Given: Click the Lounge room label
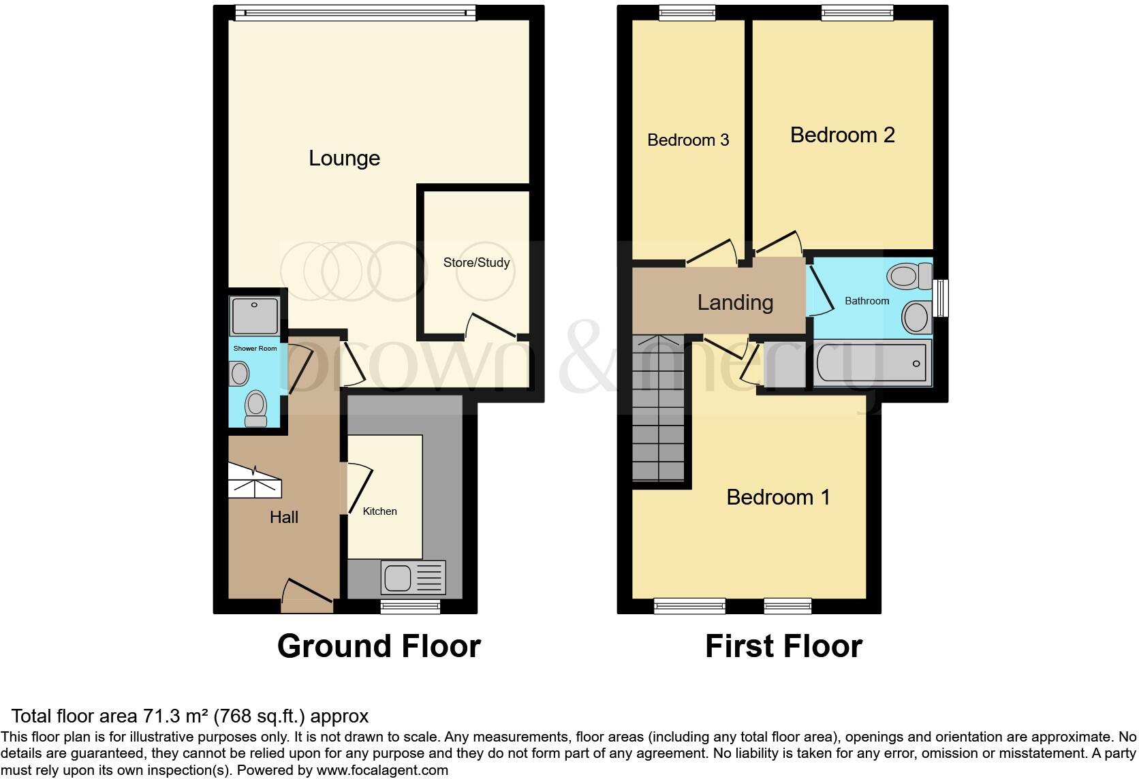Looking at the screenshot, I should [x=344, y=158].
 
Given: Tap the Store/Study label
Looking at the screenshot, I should [x=476, y=262].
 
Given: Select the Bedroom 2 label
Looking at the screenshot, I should [x=842, y=135].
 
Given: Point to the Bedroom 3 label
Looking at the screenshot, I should [x=688, y=140].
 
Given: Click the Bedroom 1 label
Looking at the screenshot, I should [x=778, y=497].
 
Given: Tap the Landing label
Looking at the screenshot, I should [x=735, y=302].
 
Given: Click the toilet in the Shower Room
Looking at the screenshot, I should [x=255, y=407].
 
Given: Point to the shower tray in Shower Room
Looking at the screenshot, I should [x=255, y=315].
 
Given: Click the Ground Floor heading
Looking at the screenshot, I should [x=379, y=646].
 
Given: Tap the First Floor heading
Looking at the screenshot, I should [x=783, y=646].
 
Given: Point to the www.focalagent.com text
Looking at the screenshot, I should [x=382, y=770].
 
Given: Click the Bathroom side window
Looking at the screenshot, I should [x=940, y=298].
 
